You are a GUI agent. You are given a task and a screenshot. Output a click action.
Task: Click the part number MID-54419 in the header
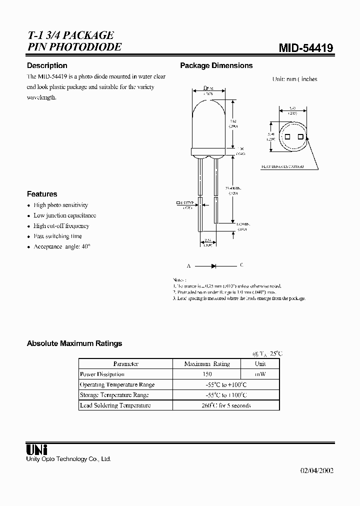click(305, 48)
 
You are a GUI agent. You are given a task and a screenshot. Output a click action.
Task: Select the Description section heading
click(47, 65)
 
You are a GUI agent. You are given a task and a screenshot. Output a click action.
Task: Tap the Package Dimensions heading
click(216, 65)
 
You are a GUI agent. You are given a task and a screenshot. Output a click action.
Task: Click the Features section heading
click(42, 194)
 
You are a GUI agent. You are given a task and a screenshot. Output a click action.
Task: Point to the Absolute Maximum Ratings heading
click(74, 343)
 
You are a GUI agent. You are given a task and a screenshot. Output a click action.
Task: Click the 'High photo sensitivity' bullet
click(60, 205)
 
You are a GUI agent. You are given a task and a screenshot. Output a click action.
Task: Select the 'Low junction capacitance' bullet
click(64, 215)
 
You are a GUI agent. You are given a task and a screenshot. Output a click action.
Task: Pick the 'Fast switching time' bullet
click(57, 236)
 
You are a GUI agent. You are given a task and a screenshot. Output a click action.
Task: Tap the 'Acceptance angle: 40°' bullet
click(62, 246)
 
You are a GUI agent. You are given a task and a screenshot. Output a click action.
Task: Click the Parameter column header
click(125, 364)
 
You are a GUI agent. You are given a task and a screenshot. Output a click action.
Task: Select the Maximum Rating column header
click(207, 364)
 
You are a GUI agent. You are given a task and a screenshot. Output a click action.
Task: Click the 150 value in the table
click(207, 374)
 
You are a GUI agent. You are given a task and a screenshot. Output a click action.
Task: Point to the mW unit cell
click(260, 374)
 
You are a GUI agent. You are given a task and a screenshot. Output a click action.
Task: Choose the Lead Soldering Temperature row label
click(115, 405)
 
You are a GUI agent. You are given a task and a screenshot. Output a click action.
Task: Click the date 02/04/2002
click(316, 471)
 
